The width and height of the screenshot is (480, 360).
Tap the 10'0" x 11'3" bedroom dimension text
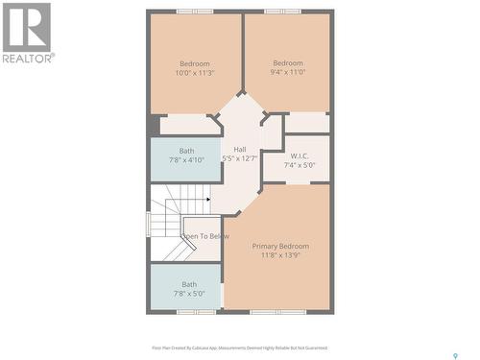pos(195,73)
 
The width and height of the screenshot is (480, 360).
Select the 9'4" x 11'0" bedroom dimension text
pos(289,73)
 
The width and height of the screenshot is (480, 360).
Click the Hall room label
pos(240,149)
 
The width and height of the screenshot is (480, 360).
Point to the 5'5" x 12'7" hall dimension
pos(240,158)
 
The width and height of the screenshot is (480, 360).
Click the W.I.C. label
pos(299,156)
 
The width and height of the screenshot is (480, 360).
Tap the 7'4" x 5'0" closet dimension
pos(299,165)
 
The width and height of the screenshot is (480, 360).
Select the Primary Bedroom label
pos(280,247)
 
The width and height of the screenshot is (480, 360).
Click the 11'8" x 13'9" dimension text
pos(280,256)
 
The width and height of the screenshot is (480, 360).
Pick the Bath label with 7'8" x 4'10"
pos(187,151)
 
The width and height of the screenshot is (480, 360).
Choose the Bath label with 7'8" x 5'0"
pos(189,284)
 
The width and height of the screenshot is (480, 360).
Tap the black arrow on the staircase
pos(206,200)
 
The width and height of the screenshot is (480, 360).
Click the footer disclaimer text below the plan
pos(239,348)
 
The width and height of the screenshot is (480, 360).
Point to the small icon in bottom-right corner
pos(455,355)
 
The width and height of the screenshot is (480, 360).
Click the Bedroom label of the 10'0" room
pos(195,63)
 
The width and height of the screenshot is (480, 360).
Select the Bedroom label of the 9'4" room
pos(289,63)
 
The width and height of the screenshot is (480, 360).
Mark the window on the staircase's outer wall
pos(148,224)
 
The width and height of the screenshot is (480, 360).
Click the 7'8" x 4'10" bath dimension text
pos(187,159)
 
